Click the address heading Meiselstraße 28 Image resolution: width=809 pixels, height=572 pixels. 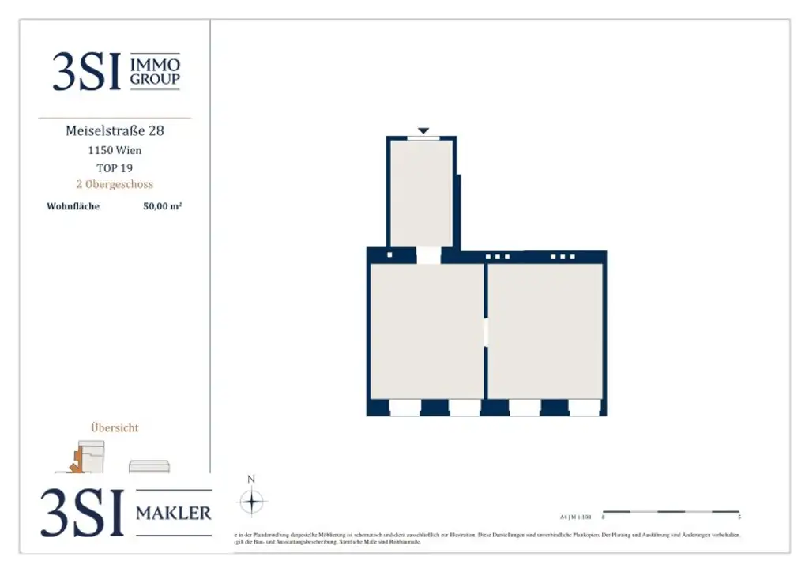(115, 130)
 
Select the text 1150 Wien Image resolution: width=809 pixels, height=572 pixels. (115, 150)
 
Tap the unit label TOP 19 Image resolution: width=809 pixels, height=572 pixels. (115, 167)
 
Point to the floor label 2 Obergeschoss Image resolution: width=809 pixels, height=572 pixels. (115, 185)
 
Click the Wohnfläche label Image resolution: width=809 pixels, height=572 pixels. (73, 207)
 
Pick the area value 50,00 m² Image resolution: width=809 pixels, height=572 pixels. (163, 207)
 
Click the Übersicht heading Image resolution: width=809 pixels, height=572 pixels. (115, 427)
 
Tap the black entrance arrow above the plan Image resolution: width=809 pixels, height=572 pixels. (423, 130)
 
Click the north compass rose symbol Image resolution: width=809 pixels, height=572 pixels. (251, 502)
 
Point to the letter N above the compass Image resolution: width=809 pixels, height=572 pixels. (251, 479)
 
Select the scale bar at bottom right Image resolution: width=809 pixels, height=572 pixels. (671, 512)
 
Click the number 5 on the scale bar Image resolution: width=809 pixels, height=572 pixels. (739, 518)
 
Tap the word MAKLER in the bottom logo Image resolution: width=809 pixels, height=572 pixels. (174, 514)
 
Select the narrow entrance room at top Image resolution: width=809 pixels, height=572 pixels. (422, 194)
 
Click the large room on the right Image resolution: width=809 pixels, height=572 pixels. (545, 330)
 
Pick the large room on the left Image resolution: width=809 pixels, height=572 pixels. (427, 330)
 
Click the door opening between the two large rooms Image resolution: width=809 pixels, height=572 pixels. (486, 332)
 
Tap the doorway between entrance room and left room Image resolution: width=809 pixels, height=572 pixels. (428, 255)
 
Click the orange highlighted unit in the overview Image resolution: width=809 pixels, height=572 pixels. (77, 462)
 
